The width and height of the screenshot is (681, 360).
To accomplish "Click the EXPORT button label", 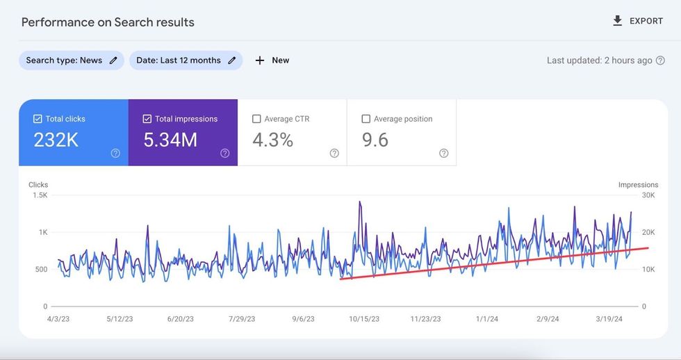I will [x=646, y=21].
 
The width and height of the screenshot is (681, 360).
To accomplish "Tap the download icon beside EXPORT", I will [x=617, y=21].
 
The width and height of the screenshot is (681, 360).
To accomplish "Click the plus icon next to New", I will [x=260, y=60].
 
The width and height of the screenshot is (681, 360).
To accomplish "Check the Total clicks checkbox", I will [x=38, y=119].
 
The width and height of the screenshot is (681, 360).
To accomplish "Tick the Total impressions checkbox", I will [x=147, y=119].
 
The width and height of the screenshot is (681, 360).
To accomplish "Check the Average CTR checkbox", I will [x=257, y=119].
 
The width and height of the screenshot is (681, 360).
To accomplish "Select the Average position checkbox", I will [x=366, y=119].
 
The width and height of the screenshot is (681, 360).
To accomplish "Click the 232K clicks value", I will [x=56, y=140].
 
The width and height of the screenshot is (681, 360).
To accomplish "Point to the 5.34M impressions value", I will [x=170, y=140].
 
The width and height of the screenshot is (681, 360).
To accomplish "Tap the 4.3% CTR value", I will [x=272, y=140].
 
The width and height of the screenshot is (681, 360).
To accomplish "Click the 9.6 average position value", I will [x=376, y=140].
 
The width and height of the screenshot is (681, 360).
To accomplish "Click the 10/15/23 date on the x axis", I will [x=363, y=320].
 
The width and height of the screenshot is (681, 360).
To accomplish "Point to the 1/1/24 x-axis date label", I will [x=487, y=320].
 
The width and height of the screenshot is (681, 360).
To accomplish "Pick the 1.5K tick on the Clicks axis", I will [x=40, y=195].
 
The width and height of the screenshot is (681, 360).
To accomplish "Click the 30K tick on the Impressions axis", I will [x=648, y=195].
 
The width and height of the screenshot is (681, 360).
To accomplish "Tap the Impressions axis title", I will [x=638, y=185].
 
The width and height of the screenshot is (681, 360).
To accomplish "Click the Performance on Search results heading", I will [x=108, y=22].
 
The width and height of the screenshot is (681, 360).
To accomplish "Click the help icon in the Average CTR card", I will [x=334, y=154].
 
